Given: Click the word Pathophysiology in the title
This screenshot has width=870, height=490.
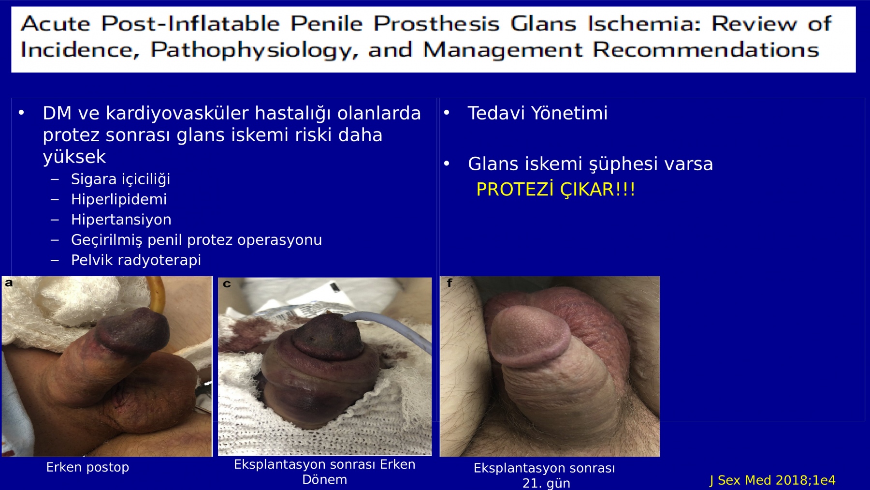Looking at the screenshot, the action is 255,50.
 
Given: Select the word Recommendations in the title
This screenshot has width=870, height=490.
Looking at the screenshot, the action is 706,50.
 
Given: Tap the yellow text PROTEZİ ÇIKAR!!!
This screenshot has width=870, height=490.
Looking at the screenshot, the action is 555,189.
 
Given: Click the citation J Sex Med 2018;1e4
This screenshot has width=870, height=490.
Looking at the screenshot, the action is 772,480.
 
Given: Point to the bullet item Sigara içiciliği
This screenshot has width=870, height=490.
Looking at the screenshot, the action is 120,179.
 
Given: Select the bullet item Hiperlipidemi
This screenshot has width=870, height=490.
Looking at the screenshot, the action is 119,199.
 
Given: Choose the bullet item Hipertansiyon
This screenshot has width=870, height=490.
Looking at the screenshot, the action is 121,220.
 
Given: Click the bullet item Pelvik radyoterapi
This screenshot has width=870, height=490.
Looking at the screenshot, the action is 136,260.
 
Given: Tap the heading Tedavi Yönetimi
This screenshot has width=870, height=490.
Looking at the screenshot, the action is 537,113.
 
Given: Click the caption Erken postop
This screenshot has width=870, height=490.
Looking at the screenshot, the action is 87,467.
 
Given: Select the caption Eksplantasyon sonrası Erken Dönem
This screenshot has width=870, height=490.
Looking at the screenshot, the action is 325,472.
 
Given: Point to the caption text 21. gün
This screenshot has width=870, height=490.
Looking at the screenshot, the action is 546,483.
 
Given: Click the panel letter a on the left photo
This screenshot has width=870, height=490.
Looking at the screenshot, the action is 9,283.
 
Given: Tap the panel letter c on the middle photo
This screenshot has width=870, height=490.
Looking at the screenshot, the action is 227,284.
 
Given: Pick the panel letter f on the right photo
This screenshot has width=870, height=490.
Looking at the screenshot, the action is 449,282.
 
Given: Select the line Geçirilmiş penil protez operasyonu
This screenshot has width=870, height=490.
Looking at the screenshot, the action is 196,240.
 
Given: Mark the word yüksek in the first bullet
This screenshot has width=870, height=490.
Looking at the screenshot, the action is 74,157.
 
